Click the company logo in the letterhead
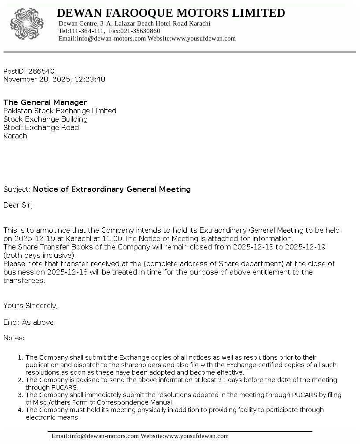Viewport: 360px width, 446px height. coord(27,24)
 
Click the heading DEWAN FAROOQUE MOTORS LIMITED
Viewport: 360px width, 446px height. coord(171,13)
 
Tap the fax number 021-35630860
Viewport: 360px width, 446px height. coord(144,31)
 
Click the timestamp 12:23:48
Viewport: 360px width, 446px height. coord(90,79)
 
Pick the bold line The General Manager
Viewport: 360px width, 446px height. coord(45,102)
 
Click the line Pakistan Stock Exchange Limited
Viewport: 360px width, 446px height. coord(60,111)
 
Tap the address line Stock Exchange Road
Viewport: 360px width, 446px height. coord(41,127)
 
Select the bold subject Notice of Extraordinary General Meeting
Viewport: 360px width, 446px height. coord(112,189)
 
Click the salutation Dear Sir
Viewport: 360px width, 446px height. coord(18,205)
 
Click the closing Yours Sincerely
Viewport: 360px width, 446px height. coord(30,305)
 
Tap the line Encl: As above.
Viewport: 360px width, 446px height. coord(30,322)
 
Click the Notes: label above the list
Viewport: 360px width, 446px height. coord(14,338)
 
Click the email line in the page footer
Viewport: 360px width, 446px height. coord(140,436)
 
